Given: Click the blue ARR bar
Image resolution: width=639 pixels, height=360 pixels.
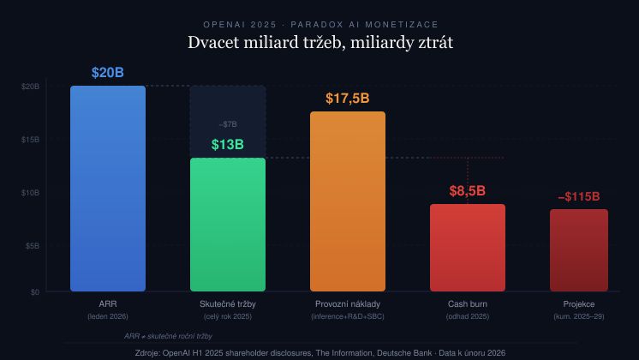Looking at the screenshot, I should pos(108,189).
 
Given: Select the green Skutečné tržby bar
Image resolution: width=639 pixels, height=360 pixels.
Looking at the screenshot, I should pos(228,225).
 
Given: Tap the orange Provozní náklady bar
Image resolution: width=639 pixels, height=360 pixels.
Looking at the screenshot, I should pos(348,201).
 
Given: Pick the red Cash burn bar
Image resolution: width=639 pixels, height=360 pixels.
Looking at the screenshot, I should pos(468,248).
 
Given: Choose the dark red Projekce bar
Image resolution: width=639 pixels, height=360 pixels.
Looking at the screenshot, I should pos(579,250).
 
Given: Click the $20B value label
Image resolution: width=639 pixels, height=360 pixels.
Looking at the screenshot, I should pos(108,73).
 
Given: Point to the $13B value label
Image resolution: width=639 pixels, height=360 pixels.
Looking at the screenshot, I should pos(228,145).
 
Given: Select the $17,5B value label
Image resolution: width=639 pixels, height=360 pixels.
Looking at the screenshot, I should pos(348,99).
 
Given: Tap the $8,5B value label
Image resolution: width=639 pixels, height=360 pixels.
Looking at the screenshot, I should pos(468,191).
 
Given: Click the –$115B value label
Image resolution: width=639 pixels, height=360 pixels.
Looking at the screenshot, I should pos(579,196).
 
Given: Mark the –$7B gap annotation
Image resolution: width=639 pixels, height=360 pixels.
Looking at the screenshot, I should pos(228,124).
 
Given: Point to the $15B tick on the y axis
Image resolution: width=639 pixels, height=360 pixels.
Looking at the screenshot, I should pos(30,140).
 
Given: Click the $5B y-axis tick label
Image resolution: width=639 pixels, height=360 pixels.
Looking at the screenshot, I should pos(32,246).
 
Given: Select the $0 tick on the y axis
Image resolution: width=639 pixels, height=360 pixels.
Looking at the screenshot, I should pos(34,292).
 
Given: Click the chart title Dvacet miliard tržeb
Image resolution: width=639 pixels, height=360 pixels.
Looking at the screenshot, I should pos(319,43).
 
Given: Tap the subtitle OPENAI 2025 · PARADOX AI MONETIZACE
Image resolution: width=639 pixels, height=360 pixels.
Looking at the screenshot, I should pos(319,24).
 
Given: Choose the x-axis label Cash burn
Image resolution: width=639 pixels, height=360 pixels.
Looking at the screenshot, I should pos(468,304).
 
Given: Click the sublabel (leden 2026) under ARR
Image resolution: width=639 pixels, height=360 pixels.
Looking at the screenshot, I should pos(108,317).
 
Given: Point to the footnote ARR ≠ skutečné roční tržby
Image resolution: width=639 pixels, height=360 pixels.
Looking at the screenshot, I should pos(168,336).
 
